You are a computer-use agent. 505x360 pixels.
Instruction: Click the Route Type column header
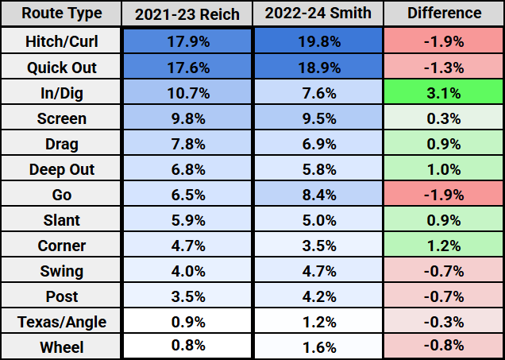pos(62,14)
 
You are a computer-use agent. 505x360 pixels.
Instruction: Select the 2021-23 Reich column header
pos(188,14)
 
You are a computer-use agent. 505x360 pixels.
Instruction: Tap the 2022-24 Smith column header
pos(318,14)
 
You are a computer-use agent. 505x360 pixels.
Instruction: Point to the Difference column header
pos(444,14)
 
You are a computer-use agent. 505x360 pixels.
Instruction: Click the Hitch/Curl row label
pos(62,41)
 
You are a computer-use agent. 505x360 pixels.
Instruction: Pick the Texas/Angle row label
pos(62,322)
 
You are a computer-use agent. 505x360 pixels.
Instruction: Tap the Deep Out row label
pos(62,169)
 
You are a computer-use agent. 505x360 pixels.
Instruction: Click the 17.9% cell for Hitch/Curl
pos(188,41)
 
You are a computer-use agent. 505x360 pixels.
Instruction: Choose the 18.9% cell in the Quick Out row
pos(318,67)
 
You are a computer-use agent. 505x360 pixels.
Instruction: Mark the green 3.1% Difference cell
pos(444,93)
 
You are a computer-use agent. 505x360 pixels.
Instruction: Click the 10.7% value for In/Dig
pos(188,93)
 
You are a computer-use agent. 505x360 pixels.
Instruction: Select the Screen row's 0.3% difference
pos(444,118)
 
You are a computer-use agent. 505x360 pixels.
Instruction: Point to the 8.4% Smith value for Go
pos(318,195)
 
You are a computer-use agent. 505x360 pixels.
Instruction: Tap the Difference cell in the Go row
pos(444,195)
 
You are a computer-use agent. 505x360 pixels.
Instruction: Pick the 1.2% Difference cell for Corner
pos(444,246)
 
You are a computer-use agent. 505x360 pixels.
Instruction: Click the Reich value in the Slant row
pos(188,220)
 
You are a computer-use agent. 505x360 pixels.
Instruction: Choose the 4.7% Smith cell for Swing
pos(318,271)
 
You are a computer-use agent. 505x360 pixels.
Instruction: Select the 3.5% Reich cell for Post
pos(188,296)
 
